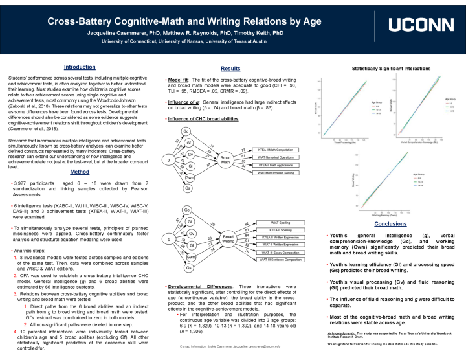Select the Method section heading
[x=79, y=172]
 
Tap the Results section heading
[x=230, y=68]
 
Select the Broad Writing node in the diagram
[x=228, y=239]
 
